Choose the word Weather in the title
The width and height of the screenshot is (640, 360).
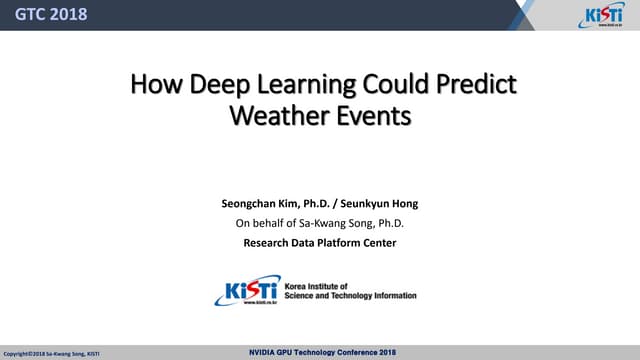[274, 116]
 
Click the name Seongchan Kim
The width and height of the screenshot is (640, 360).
[264, 204]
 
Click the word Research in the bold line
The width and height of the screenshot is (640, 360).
[269, 242]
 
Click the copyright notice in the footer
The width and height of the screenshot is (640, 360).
[51, 354]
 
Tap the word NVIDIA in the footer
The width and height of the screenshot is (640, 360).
[266, 353]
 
